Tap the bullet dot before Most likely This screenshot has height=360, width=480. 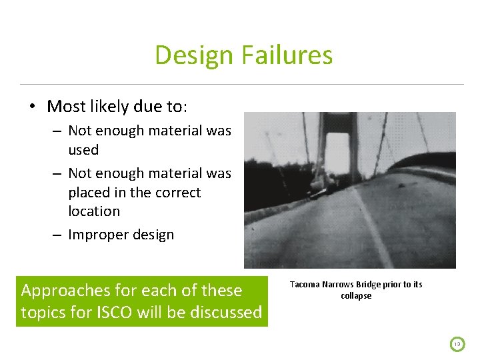click(x=31, y=107)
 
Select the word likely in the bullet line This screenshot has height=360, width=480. click(x=117, y=107)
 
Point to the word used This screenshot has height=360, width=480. click(x=83, y=150)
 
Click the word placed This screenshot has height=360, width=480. click(x=88, y=193)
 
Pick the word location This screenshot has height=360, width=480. click(x=94, y=211)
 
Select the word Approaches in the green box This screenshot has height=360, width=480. click(x=65, y=291)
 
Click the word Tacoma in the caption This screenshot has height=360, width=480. click(x=305, y=285)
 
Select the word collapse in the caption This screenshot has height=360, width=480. click(x=356, y=295)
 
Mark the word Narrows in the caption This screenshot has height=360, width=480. click(x=338, y=285)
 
